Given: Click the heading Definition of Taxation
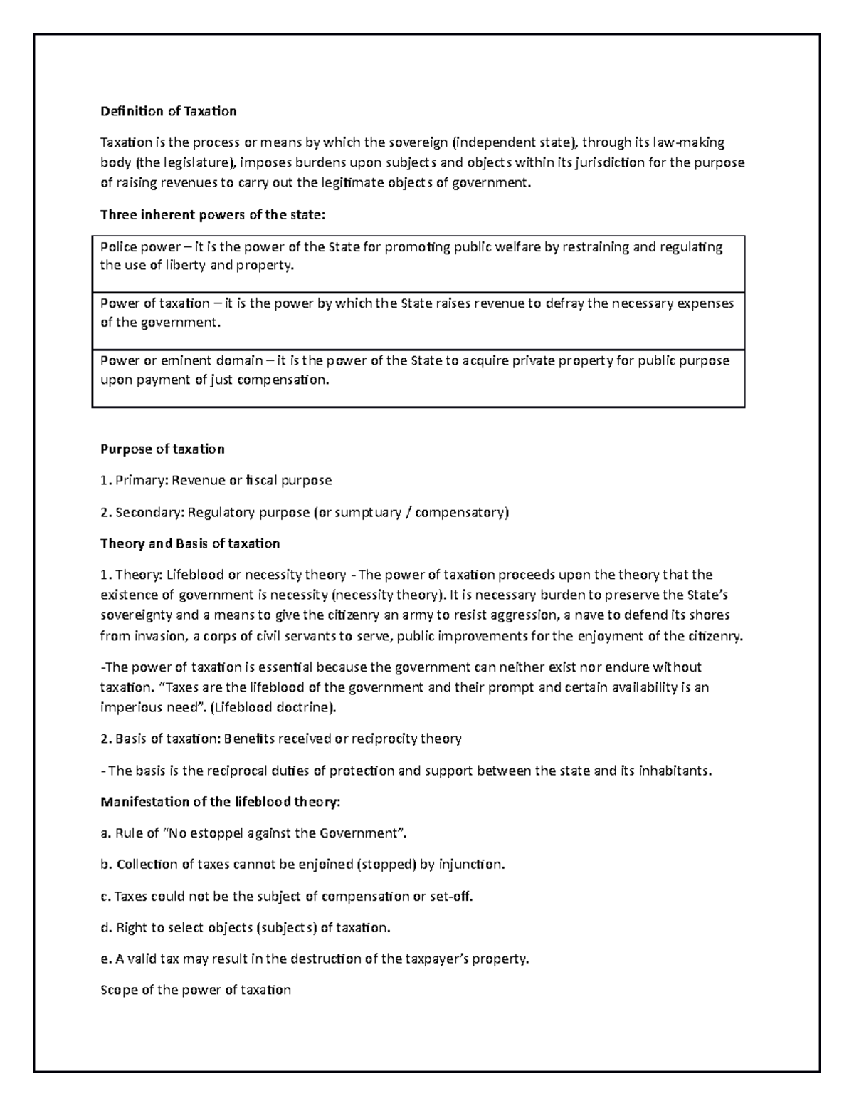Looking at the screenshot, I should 168,111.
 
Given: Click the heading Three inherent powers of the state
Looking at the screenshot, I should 212,215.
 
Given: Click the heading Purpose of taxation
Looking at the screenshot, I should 162,449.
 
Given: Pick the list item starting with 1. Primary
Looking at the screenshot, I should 216,480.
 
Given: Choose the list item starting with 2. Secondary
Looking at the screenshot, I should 305,512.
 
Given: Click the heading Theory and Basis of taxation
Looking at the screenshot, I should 190,543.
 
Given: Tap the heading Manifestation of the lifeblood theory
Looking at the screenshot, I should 221,802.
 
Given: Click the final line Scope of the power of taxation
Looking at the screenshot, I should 196,990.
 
